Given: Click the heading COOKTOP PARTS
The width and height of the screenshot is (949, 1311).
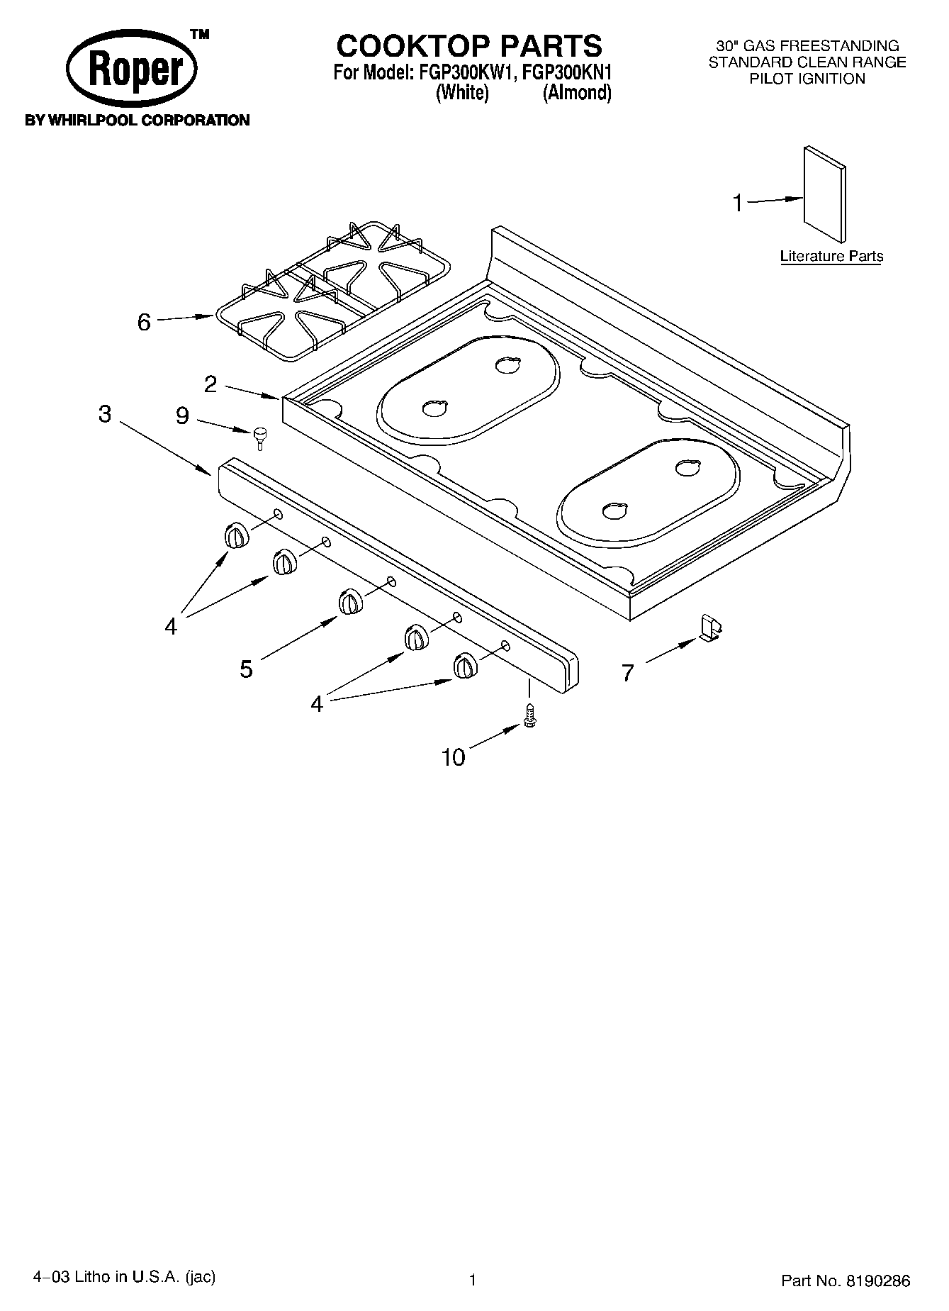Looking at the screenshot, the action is click(x=469, y=46).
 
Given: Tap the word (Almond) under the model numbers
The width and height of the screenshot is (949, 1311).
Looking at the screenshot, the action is click(x=577, y=93).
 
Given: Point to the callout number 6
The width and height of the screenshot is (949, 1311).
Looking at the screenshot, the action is click(x=144, y=323).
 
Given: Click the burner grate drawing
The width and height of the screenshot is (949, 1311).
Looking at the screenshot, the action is click(x=334, y=290).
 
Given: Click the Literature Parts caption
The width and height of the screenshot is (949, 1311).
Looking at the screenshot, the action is click(x=831, y=256).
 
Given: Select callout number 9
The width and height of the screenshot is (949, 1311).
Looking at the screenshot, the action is click(x=182, y=415).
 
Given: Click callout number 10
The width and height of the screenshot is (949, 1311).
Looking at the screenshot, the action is click(x=454, y=758).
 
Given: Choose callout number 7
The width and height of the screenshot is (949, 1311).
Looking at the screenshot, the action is click(x=627, y=673).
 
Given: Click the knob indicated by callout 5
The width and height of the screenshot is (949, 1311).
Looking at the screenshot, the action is click(x=349, y=601).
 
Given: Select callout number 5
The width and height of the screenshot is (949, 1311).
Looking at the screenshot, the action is click(x=246, y=669).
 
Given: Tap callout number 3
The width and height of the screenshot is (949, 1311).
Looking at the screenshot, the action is click(x=105, y=414).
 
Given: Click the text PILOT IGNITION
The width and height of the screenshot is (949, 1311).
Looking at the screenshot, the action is click(x=807, y=79).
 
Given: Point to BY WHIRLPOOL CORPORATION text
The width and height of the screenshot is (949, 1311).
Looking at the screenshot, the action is click(x=137, y=121).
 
